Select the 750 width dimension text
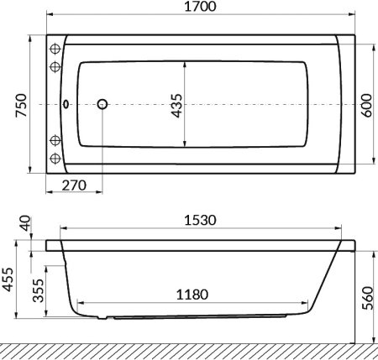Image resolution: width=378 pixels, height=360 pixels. (23, 104)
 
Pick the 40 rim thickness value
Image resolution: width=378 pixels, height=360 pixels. (23, 225)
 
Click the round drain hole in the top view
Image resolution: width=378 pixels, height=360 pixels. (103, 105)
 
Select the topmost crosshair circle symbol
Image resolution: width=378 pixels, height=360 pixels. (56, 47)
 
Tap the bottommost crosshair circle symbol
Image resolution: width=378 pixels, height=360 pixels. (56, 159)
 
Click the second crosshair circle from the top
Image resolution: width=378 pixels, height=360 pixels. (56, 66)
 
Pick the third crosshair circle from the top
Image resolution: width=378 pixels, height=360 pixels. (56, 139)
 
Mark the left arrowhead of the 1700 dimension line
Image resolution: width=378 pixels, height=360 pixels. (48, 16)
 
